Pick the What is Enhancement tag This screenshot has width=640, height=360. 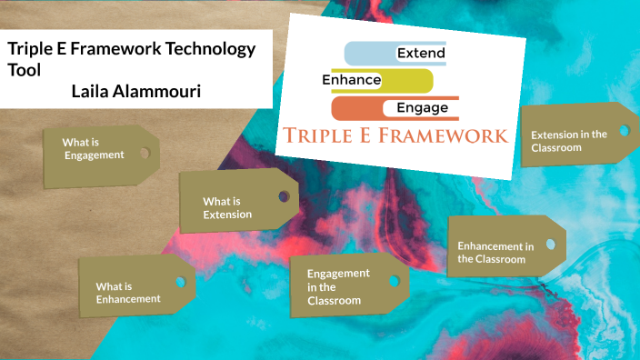128,292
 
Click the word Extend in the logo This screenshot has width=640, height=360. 421,54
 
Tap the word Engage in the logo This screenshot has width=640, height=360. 416,108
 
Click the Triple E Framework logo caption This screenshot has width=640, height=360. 395,136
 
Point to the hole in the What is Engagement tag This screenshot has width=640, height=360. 145,153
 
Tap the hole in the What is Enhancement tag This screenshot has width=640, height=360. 180,281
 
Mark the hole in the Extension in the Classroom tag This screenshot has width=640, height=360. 624,130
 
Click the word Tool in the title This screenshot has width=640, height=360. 24,70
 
